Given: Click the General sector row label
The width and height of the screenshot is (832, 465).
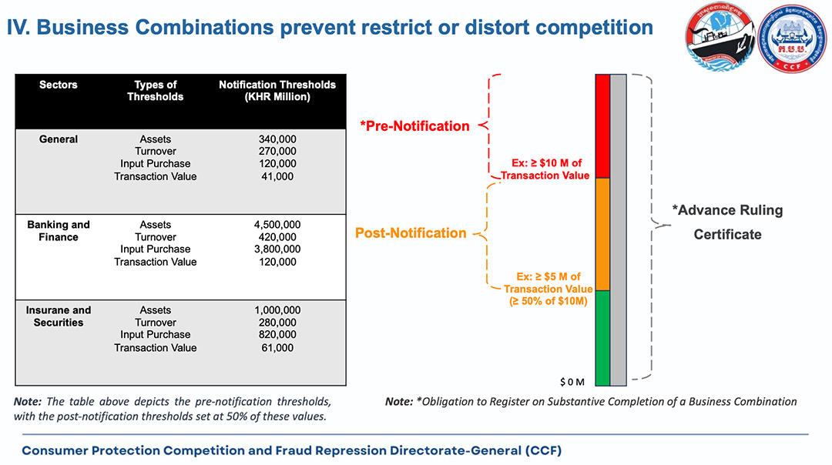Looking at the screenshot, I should (x=59, y=139).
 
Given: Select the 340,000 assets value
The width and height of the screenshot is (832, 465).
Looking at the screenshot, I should (x=277, y=139).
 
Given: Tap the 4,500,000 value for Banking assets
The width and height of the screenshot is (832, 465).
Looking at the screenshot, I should (x=277, y=225).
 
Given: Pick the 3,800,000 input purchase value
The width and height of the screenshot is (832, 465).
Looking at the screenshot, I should (x=277, y=249).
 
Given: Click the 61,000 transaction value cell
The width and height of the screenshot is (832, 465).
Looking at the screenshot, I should (x=277, y=348).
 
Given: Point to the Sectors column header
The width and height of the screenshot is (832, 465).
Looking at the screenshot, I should (x=59, y=85).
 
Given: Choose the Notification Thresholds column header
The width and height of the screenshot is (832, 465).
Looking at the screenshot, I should (x=277, y=91).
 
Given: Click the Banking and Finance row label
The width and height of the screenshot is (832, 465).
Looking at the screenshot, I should (x=59, y=231).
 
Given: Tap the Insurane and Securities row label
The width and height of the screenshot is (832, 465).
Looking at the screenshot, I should (x=59, y=316).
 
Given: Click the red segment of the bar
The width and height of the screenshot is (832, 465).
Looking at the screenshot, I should (x=602, y=126).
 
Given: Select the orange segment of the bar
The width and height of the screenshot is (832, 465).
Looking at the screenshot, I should (x=602, y=234).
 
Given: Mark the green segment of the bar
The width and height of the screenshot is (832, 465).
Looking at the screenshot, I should (x=602, y=336).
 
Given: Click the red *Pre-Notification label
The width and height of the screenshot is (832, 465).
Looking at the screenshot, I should (x=414, y=126).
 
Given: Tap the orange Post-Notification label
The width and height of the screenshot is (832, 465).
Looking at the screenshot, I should (x=411, y=233).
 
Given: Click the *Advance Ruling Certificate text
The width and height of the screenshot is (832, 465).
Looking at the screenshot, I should (x=727, y=222).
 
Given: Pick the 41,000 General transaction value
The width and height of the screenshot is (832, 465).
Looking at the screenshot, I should (x=277, y=176).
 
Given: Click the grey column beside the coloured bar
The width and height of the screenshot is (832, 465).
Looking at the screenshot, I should (x=619, y=229).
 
